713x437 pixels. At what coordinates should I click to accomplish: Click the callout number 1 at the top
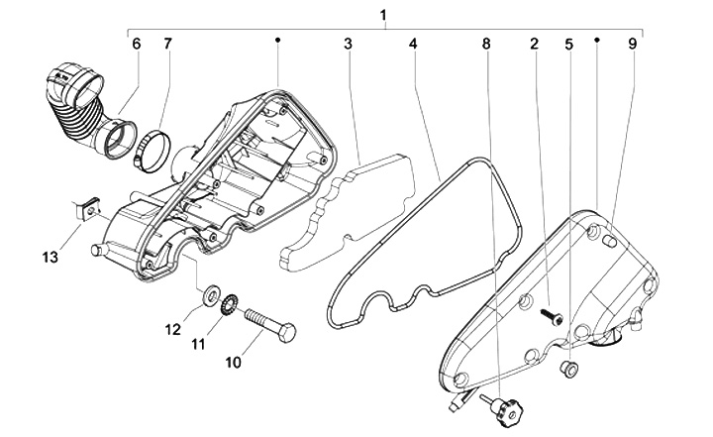pyautogui.click(x=383, y=15)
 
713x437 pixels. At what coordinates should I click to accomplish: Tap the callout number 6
pyautogui.click(x=137, y=44)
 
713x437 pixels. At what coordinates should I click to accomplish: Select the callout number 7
pyautogui.click(x=168, y=44)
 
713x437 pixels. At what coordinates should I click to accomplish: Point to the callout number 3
pyautogui.click(x=348, y=44)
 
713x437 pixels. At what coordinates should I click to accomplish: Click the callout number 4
pyautogui.click(x=413, y=44)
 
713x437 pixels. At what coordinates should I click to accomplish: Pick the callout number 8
pyautogui.click(x=486, y=44)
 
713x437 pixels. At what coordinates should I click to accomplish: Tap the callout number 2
pyautogui.click(x=535, y=44)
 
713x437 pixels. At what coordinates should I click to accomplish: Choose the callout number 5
pyautogui.click(x=569, y=45)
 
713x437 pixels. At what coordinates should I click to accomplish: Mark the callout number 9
pyautogui.click(x=633, y=44)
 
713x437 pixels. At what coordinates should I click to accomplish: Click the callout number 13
pyautogui.click(x=51, y=258)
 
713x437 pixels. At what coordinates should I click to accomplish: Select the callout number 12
pyautogui.click(x=172, y=329)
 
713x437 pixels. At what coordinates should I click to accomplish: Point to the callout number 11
pyautogui.click(x=198, y=344)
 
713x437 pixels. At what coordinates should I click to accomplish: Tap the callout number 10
pyautogui.click(x=234, y=363)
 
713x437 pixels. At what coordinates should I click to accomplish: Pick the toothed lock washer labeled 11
pyautogui.click(x=227, y=304)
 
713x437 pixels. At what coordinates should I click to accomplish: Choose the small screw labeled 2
pyautogui.click(x=552, y=318)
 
